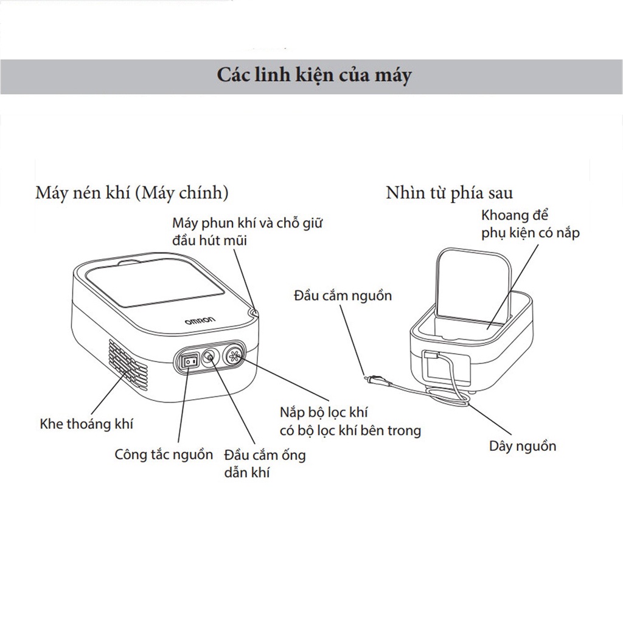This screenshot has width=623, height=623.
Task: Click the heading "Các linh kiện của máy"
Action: [314, 75]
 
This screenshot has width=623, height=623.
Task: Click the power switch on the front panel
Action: [190, 361]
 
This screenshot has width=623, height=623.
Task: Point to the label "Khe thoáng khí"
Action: [86, 423]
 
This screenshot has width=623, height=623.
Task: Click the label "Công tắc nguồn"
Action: [164, 454]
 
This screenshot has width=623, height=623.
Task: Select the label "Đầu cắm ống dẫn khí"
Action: [264, 463]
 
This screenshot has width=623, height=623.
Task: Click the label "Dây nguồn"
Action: [523, 446]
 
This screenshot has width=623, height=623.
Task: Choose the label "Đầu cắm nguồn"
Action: [342, 296]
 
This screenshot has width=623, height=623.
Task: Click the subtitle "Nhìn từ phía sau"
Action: [449, 193]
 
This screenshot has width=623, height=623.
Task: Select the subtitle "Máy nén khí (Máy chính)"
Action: [132, 193]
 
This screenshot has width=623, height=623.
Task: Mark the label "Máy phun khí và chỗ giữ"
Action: [247, 223]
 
